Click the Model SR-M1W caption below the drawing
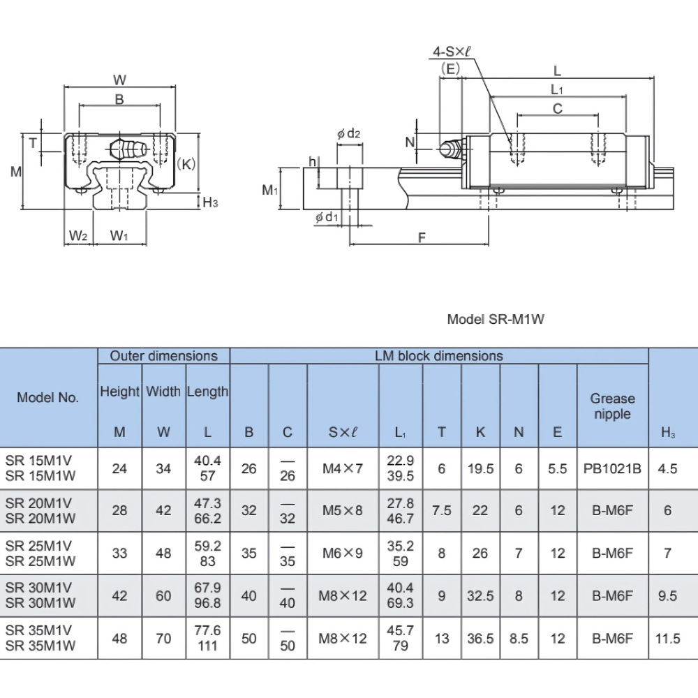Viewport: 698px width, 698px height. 495,319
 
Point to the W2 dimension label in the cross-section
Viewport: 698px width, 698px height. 77,236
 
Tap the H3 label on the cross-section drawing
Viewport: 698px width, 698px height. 210,202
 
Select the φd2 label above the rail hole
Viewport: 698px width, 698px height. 348,133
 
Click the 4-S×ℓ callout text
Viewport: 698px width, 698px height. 451,52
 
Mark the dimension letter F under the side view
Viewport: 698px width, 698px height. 422,238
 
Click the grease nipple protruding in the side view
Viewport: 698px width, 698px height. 450,148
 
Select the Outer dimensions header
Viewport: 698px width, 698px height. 163,356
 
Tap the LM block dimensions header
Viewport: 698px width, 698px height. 439,356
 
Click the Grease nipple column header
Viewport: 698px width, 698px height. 612,406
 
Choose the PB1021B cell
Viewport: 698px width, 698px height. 612,469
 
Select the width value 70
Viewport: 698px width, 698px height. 163,638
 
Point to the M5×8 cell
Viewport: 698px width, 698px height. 343,511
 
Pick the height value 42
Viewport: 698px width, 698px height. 120,595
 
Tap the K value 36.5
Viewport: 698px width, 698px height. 480,638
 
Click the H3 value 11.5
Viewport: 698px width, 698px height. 668,638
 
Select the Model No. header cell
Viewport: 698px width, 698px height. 48,397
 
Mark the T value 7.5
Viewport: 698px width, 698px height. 441,511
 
